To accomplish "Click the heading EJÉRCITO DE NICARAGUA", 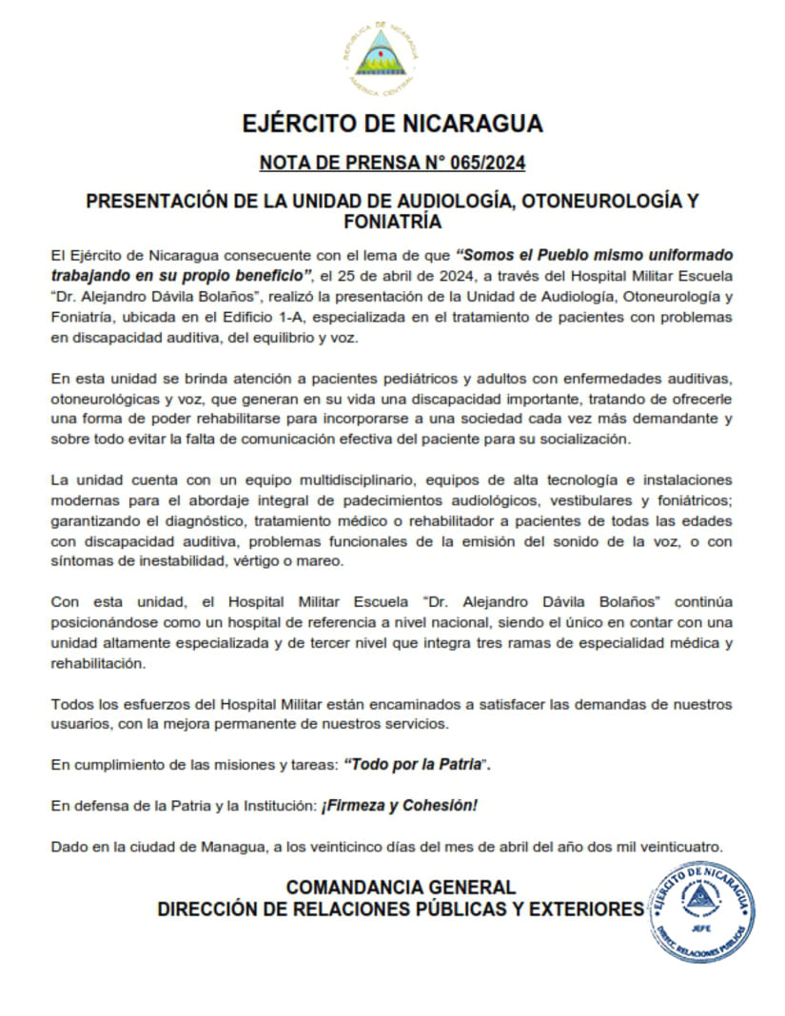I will click(x=392, y=124).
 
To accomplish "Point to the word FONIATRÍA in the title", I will click(x=392, y=223).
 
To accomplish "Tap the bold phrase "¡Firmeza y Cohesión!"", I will click(x=400, y=806).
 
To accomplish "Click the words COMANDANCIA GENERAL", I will click(x=401, y=887).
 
